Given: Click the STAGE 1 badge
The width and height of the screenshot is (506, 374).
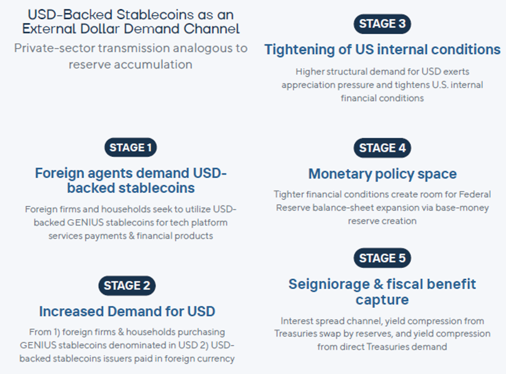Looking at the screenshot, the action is click(x=130, y=147).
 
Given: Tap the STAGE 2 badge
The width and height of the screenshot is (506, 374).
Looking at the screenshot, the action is click(x=127, y=286).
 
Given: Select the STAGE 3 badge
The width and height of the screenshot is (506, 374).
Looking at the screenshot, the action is click(x=382, y=24).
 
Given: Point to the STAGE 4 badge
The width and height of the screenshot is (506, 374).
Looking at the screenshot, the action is click(x=382, y=148).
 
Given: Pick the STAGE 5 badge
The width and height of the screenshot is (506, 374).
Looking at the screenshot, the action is click(x=382, y=258).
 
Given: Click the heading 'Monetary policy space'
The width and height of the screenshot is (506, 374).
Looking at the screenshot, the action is click(x=382, y=174).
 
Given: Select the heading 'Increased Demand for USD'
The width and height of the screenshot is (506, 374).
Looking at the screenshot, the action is click(x=127, y=312).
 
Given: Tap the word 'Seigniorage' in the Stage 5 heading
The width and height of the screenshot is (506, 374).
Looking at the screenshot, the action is click(x=329, y=285).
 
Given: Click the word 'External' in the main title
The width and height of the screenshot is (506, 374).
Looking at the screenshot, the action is click(x=49, y=29).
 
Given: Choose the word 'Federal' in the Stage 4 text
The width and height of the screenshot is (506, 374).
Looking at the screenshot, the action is click(x=474, y=195).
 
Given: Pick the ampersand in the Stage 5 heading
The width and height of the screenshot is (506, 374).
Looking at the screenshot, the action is click(x=378, y=285).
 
